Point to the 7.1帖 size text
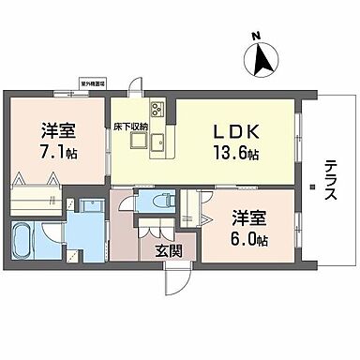click(59, 152)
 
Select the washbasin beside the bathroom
click(91, 208)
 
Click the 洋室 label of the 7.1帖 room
click(59, 130)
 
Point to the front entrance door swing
click(176, 275)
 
